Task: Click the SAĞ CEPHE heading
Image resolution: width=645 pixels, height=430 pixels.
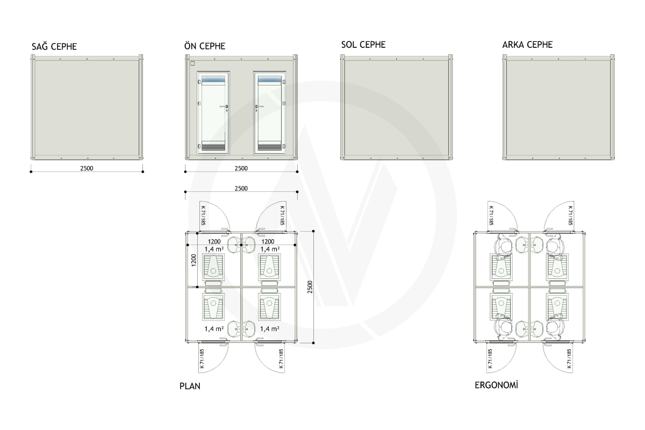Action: point(54,46)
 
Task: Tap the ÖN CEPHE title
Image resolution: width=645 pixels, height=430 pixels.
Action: point(205,46)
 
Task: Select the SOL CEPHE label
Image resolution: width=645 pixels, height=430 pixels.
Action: point(363,45)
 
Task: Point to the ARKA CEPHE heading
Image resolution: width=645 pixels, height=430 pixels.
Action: point(527,45)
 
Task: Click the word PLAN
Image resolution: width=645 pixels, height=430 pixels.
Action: point(190,386)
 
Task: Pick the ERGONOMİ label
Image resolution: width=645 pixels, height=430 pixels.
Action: point(497,385)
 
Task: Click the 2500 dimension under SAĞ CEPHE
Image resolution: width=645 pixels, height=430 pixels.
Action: point(87,168)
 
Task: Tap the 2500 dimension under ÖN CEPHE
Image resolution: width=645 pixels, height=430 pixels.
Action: point(241,168)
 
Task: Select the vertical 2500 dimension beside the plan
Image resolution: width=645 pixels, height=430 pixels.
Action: point(310,287)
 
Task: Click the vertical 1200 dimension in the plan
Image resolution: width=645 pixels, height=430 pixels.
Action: point(193,260)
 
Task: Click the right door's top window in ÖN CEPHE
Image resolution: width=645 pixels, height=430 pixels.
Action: point(269,79)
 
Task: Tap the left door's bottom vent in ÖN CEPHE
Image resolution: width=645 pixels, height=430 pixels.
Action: point(213,146)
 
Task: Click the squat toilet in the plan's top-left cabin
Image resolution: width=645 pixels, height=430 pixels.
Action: point(213,267)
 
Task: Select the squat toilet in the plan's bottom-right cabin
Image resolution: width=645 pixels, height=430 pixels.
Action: point(269,307)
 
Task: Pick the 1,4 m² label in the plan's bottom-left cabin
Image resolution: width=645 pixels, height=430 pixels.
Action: point(214,329)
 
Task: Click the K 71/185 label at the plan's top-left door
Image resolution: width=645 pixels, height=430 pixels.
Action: point(203,216)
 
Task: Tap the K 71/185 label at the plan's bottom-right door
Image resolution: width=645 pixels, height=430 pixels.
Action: point(281,359)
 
